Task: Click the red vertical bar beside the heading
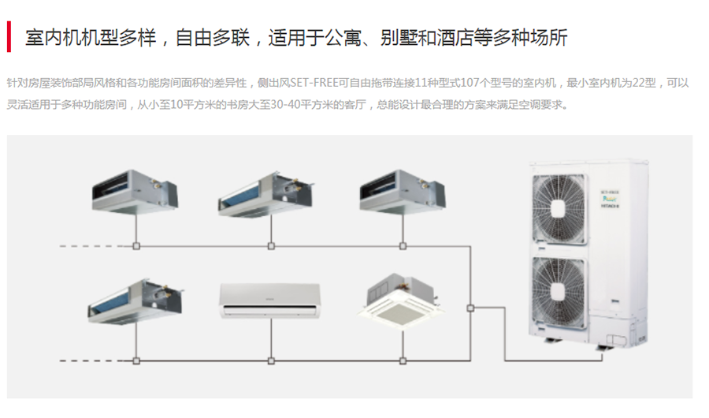[x=9, y=37]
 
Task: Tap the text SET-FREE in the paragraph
[x=312, y=83]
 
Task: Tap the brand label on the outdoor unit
[x=608, y=199]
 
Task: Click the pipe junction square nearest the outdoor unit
[x=470, y=307]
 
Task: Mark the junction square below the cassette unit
[x=403, y=361]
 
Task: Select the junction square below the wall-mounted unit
[x=271, y=361]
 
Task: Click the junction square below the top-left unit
[x=136, y=246]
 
